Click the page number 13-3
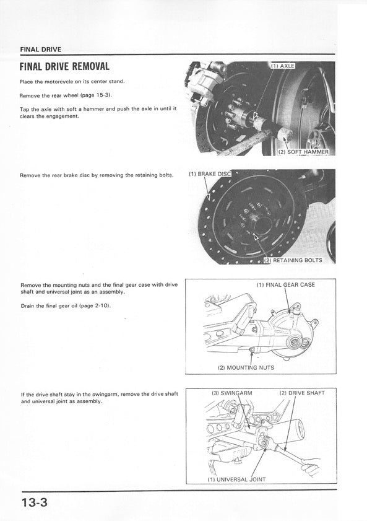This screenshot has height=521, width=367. pos(35,502)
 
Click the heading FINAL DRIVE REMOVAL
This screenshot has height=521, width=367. pos(64,66)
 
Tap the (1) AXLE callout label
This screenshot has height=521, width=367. pos(283,66)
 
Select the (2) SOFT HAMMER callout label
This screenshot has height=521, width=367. pos(304,152)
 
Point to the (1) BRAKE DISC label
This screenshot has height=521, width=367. pos(210,174)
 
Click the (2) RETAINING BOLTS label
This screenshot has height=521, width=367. pos(293,260)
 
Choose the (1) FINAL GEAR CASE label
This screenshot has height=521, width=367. pos(286,285)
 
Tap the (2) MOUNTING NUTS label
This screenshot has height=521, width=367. pos(246,368)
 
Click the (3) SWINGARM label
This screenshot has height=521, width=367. pos(232,393)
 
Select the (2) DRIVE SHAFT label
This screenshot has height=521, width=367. pos(302,393)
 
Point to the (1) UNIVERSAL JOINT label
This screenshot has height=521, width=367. pos(236,479)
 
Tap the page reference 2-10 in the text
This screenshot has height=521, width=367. pos(102,305)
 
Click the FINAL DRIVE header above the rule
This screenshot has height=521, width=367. pos(41,50)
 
